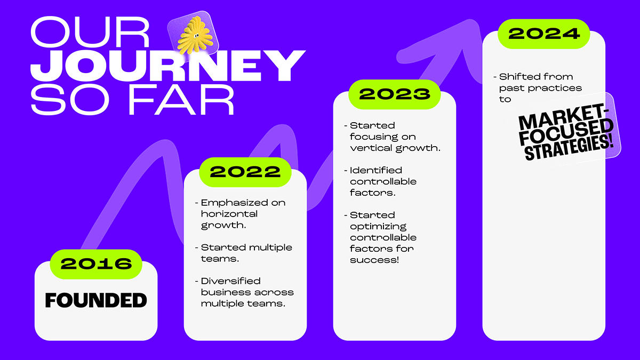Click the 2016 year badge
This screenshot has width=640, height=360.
point(96,264)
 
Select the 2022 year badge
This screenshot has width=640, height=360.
point(245,172)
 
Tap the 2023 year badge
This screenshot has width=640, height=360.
point(395,94)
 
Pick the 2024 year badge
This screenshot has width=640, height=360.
point(543,34)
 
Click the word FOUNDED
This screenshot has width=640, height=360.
point(96,300)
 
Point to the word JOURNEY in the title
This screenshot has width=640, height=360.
point(168,66)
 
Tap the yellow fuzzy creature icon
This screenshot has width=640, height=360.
point(195,35)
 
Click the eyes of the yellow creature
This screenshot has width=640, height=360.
point(197,36)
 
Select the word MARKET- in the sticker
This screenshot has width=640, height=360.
point(562,118)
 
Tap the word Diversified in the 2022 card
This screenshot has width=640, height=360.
point(231,281)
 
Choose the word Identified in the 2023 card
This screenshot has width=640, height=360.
point(376,170)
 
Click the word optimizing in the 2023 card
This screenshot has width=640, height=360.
point(378,227)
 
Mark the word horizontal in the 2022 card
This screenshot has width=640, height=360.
point(229,214)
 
